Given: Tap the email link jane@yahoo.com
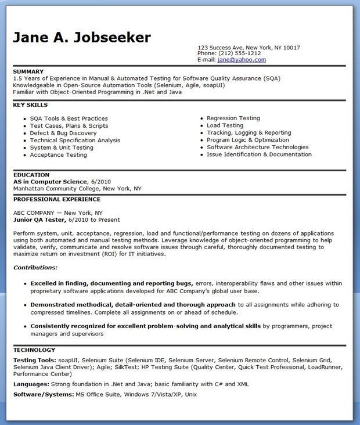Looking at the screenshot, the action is (x=241, y=60).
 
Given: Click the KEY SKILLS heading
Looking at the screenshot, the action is (x=30, y=105).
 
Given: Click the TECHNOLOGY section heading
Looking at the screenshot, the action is (x=34, y=350).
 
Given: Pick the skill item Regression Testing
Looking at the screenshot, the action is (x=233, y=118).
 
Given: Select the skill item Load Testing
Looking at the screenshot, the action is (x=225, y=125).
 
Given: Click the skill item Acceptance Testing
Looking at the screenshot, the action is (x=58, y=155).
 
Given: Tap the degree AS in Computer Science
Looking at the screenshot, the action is (x=50, y=182).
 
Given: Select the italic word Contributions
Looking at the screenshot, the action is (x=35, y=268).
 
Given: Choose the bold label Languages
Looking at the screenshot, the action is (x=31, y=384).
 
